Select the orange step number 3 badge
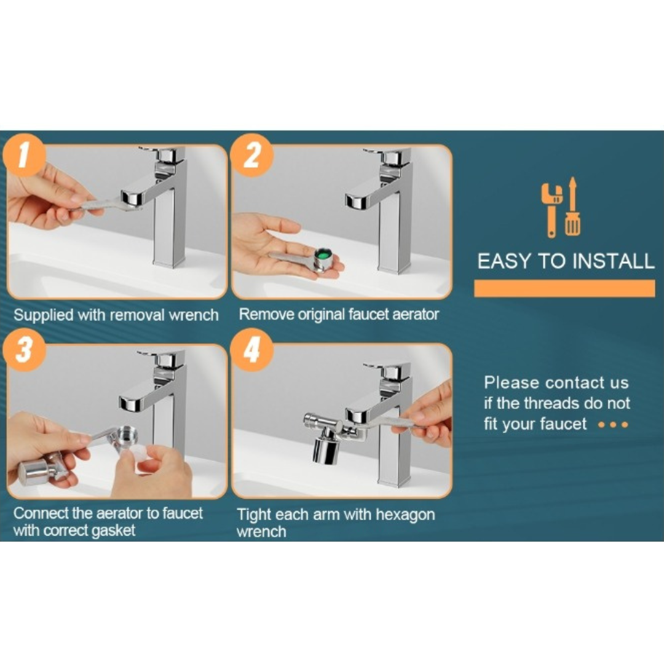pyautogui.click(x=23, y=352)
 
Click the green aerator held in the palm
pyautogui.click(x=320, y=254)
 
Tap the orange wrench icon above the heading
pyautogui.click(x=551, y=206)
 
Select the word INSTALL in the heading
pyautogui.click(x=613, y=261)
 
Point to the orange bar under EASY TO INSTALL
pyautogui.click(x=564, y=288)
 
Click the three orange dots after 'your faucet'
pyautogui.click(x=613, y=425)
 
